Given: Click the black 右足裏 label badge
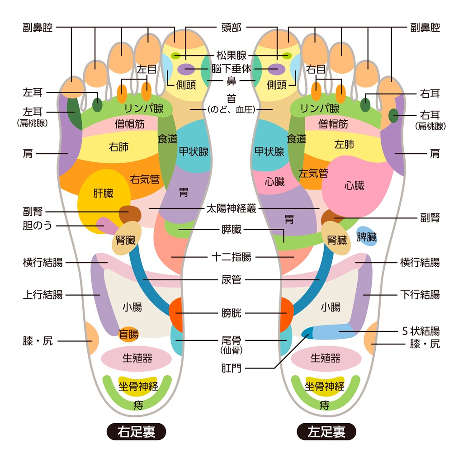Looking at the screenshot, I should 136,431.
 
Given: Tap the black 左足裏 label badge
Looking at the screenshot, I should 326,431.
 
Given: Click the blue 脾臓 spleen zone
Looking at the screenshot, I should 367,236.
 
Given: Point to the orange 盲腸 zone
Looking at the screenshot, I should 128,335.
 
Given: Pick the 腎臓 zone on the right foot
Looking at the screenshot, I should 127,240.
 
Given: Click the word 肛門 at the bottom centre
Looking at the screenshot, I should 231,369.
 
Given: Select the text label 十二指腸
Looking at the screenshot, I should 231,257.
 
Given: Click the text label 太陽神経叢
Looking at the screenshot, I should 231,208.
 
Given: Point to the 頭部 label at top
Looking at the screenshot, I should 231,28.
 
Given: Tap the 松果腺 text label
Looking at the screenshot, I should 231,56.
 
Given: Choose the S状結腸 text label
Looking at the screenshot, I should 420,331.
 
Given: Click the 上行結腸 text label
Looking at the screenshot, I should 43,295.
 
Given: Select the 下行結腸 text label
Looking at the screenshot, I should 420,295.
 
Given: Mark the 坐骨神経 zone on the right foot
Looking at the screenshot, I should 138,387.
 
